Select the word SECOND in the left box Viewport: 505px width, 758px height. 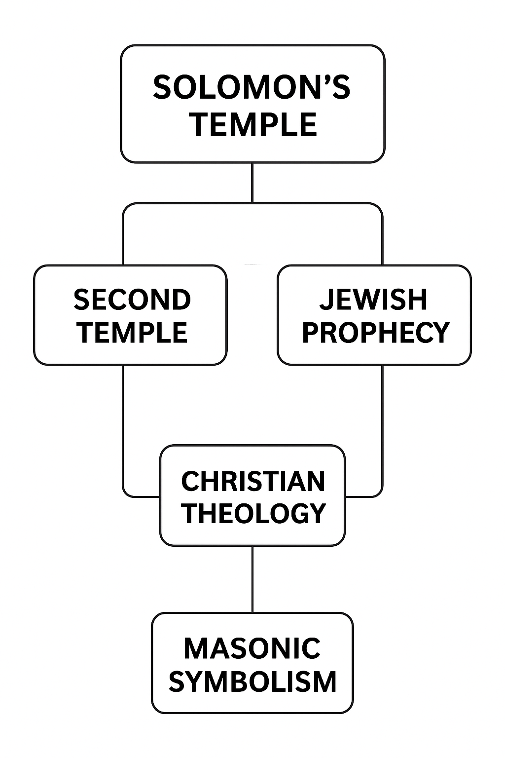tap(132, 300)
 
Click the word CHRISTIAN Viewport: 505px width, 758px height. tap(253, 482)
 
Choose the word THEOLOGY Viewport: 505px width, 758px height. tap(253, 513)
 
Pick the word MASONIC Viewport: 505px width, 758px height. tap(252, 648)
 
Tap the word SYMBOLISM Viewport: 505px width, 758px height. tap(252, 682)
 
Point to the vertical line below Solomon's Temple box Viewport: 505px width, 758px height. tap(252, 183)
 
